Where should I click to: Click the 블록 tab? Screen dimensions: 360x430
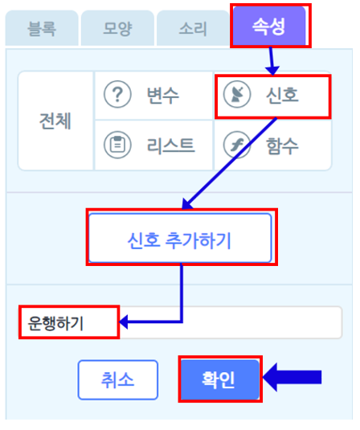[x=42, y=28]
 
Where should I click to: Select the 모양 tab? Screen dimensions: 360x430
[x=117, y=28]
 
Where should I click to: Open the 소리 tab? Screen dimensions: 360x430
[x=193, y=28]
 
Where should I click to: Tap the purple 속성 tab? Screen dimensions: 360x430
[x=269, y=26]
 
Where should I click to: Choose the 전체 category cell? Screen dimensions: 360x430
[x=55, y=121]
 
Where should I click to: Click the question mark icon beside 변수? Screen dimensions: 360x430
[x=117, y=95]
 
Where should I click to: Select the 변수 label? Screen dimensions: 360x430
[x=163, y=95]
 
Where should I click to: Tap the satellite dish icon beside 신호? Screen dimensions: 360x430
[x=237, y=95]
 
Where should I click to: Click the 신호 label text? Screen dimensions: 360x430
[x=282, y=95]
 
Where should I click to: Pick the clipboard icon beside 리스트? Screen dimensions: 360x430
[x=117, y=145]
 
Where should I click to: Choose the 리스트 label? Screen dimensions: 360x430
[x=171, y=145]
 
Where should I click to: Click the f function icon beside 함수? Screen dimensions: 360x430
[x=237, y=145]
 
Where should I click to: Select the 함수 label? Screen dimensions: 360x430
[x=282, y=145]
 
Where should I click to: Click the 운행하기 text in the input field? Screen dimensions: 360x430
[x=55, y=323]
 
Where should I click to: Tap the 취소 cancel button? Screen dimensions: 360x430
[x=118, y=380]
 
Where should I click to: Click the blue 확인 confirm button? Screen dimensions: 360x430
[x=219, y=379]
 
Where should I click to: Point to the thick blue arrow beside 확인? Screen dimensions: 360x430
[x=292, y=377]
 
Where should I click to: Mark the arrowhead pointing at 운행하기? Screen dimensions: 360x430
[x=124, y=322]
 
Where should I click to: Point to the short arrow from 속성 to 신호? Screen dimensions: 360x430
[x=272, y=61]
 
